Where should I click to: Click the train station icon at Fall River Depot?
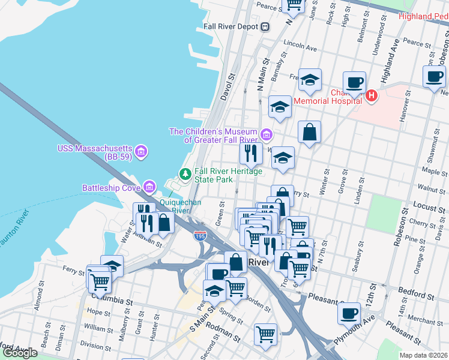(x=265, y=26)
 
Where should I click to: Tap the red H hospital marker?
(x=372, y=95)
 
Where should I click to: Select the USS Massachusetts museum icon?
(x=140, y=149)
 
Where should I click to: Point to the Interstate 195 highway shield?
(x=200, y=236)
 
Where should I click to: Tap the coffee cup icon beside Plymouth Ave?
(x=349, y=312)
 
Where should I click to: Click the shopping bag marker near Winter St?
(x=309, y=133)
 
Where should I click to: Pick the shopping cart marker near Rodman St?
(x=265, y=334)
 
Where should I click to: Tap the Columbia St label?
(x=112, y=298)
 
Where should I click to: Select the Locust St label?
(x=428, y=206)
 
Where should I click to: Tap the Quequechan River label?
(x=173, y=206)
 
